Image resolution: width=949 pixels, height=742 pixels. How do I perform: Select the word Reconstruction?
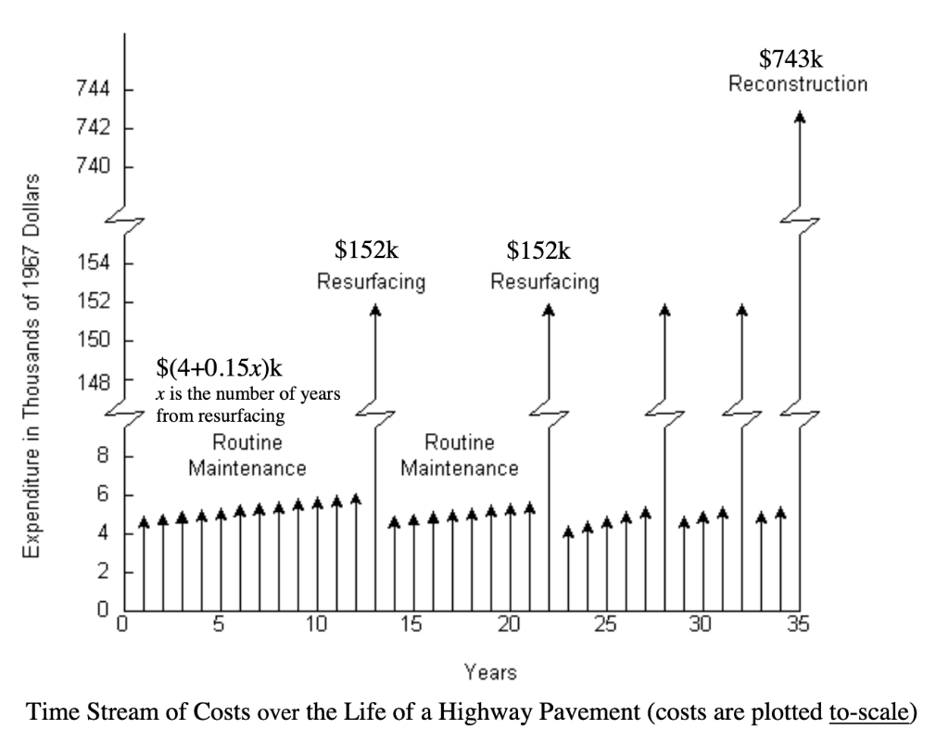click(x=797, y=84)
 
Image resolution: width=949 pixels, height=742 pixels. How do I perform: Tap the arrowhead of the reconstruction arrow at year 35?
click(x=800, y=117)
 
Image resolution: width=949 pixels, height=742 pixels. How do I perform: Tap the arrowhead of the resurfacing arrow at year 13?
click(x=375, y=311)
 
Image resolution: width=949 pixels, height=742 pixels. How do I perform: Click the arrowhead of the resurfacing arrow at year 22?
click(x=549, y=311)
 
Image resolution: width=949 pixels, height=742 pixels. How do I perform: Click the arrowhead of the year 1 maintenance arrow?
click(x=144, y=523)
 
